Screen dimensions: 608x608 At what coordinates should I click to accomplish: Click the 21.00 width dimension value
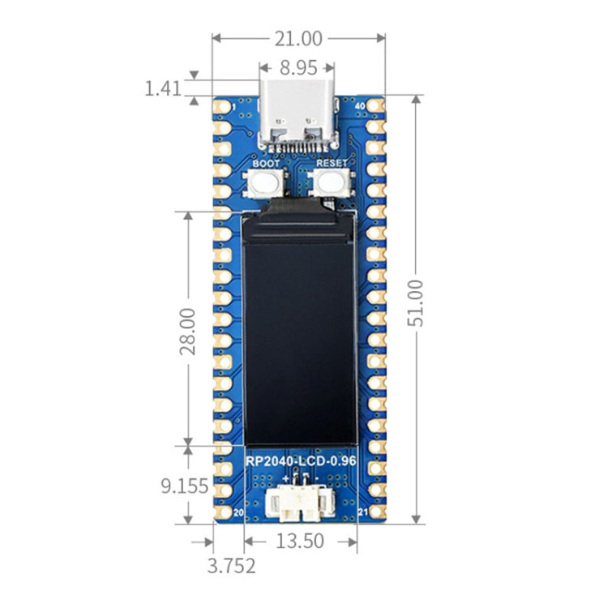coord(298,38)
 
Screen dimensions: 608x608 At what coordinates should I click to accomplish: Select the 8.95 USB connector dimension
coord(297,67)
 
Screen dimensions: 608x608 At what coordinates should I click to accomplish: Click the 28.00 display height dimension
coord(187,329)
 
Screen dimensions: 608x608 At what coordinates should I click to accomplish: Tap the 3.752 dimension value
coord(231,565)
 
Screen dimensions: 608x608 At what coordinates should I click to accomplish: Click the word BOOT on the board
coord(266,163)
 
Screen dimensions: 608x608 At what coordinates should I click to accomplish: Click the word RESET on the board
coord(331,163)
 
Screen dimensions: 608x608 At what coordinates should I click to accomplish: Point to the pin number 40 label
coord(360,105)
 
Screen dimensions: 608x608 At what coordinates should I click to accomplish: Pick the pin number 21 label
coord(362,513)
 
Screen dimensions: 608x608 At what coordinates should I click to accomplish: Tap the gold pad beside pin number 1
coord(221,106)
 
